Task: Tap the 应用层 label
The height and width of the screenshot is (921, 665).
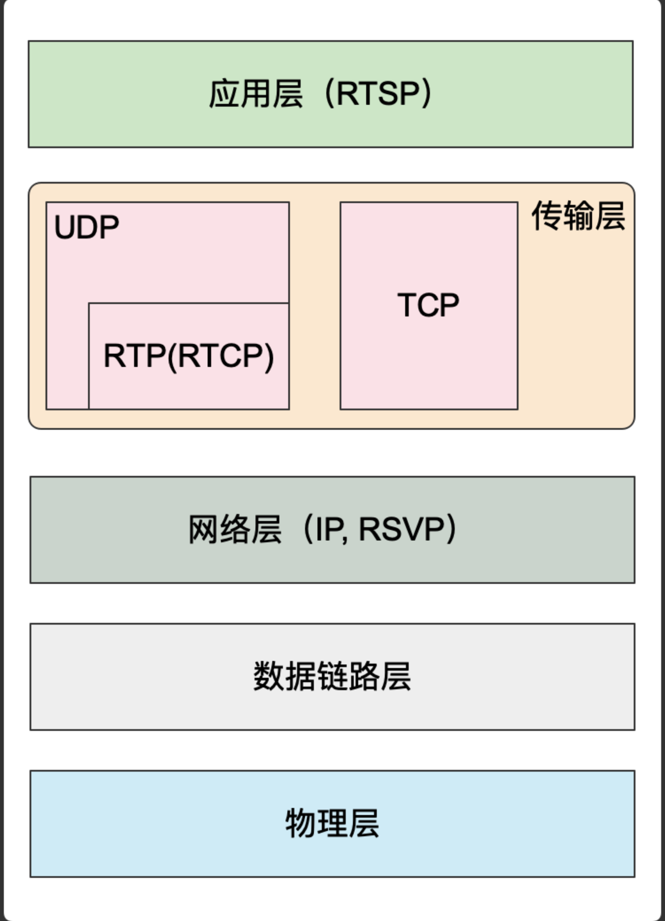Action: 256,93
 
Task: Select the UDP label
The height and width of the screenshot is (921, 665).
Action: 86,227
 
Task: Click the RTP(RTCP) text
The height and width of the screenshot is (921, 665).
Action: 188,355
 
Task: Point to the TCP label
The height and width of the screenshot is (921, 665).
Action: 428,305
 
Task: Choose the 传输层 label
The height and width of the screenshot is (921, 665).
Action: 578,215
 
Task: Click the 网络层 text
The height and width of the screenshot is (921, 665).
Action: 234,529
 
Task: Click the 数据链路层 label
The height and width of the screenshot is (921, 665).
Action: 332,676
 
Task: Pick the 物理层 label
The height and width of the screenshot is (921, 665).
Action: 332,823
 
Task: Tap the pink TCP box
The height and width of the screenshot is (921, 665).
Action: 429,366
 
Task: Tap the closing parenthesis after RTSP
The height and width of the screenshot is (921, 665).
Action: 426,93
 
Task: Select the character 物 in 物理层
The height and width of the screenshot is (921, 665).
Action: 300,823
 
